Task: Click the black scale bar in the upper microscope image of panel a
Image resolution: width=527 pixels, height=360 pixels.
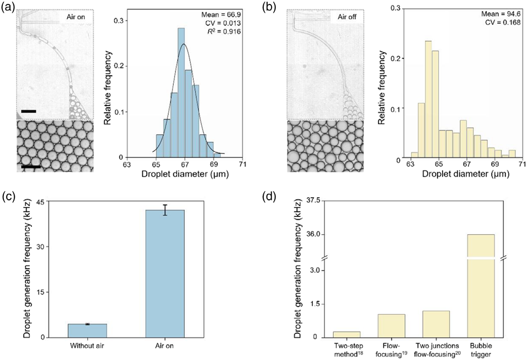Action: (29, 111)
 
